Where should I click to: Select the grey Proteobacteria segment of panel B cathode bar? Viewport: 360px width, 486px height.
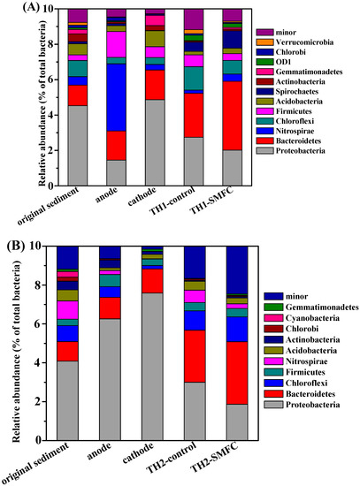[152, 367]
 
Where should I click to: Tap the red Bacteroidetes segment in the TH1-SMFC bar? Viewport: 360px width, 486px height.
[232, 116]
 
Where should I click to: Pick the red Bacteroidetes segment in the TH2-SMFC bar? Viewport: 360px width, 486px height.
[237, 373]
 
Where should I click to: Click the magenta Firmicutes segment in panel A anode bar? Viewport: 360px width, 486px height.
[117, 44]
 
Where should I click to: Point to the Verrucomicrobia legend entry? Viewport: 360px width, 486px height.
[295, 42]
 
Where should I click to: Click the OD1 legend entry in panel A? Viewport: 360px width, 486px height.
[273, 62]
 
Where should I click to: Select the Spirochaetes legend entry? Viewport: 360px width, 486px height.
[287, 91]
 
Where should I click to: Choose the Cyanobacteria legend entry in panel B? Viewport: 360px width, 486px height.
[302, 318]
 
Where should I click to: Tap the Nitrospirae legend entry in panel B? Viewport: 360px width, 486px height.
[295, 361]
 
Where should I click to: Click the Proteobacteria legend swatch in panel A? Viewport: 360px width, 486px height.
[264, 151]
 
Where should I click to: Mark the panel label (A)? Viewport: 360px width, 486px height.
[30, 7]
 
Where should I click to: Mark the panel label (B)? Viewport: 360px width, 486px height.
[17, 247]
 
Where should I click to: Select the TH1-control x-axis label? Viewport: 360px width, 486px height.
[172, 201]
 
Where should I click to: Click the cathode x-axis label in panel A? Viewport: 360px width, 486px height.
[142, 197]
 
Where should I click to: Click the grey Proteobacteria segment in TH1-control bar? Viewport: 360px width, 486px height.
[194, 162]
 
